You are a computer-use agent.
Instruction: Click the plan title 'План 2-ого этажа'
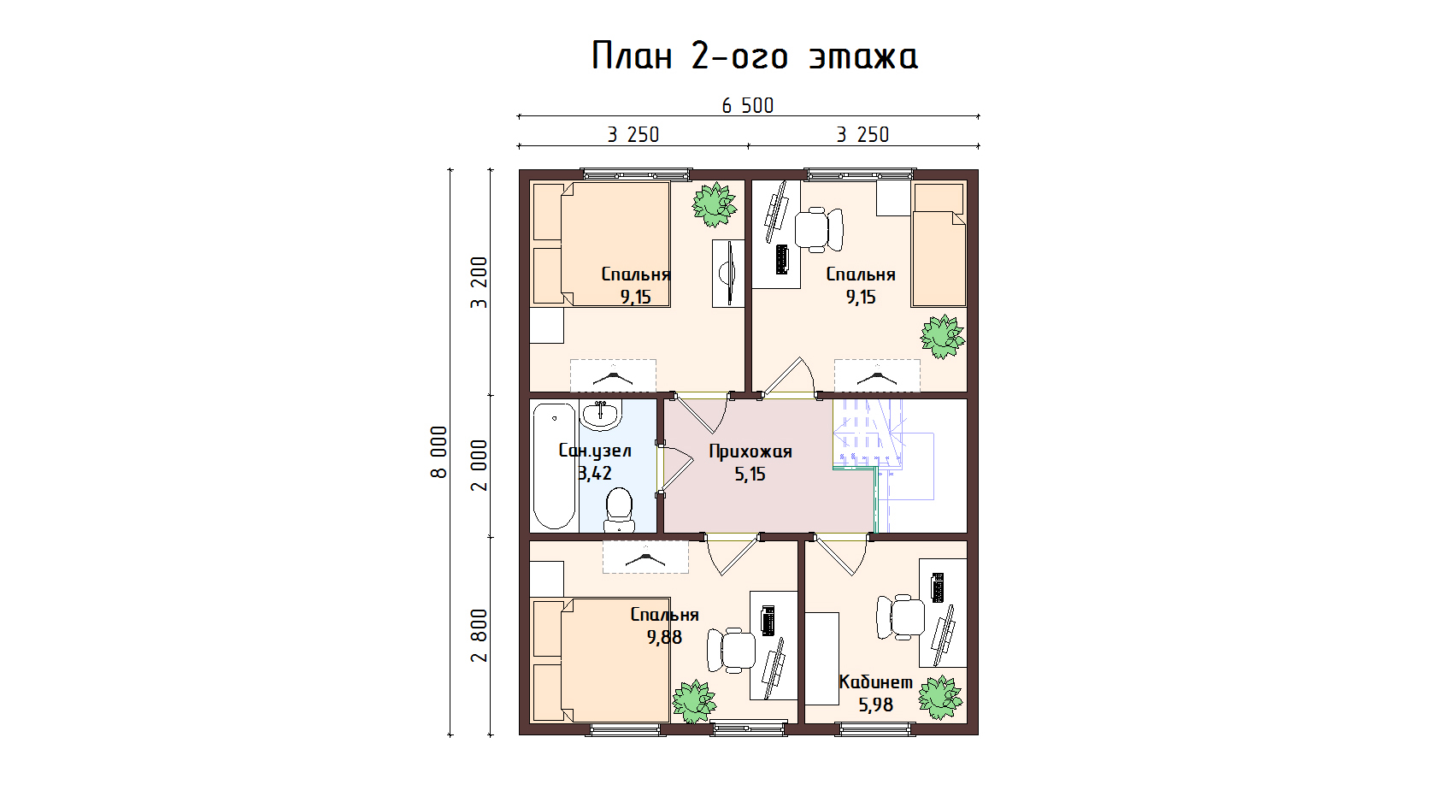(754, 56)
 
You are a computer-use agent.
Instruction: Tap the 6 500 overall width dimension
(747, 106)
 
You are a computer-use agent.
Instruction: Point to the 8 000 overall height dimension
(439, 452)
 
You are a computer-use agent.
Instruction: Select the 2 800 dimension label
(479, 635)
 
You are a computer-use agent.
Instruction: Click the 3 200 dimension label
(479, 282)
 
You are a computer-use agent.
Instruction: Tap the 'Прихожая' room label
(750, 451)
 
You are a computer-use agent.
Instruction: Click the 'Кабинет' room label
(875, 681)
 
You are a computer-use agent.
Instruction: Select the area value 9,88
(664, 638)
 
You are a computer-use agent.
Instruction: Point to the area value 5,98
(875, 705)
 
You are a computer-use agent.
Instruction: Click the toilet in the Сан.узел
(619, 510)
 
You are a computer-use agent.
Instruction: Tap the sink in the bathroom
(601, 414)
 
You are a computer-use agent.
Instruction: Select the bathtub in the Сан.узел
(554, 466)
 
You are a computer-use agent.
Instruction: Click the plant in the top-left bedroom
(715, 204)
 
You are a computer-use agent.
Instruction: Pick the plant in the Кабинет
(940, 697)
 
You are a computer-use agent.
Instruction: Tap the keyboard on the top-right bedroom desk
(781, 259)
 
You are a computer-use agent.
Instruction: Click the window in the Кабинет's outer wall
(875, 728)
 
